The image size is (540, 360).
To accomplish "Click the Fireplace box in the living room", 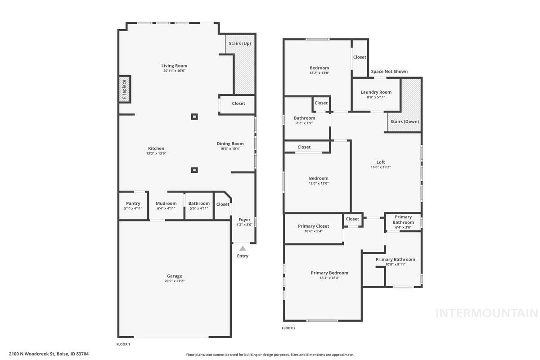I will coord(125,89).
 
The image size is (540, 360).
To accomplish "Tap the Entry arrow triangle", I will coord(243,248).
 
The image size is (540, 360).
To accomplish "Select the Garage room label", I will coord(175,276).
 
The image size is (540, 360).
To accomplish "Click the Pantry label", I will coord(133,203).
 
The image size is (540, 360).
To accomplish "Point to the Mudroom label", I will coord(166,203).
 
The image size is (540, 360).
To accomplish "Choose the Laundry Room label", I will coord(376,92).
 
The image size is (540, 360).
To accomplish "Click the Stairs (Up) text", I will coord(240,44).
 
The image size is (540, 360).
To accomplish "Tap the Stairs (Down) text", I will coord(405,121).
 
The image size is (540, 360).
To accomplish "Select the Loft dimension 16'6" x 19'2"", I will coord(381,167).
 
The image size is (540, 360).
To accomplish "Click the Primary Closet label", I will coord(313,226).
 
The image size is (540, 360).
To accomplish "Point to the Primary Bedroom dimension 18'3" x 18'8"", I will coord(329,278).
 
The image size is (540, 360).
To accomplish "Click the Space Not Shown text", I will coord(389,72).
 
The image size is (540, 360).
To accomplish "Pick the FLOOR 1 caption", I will coord(123,344).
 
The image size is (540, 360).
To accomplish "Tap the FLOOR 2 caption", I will coord(288,328).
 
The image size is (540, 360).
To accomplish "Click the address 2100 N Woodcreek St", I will coord(49,354).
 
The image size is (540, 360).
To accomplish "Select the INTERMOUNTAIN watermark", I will coord(486,313).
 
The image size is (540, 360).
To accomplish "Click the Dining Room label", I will coord(230,144).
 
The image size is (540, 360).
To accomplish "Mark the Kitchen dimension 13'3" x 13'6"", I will coord(156,153).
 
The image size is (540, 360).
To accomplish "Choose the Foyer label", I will coord(244,220).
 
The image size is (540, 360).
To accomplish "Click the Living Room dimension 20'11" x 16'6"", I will coord(174,71).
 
